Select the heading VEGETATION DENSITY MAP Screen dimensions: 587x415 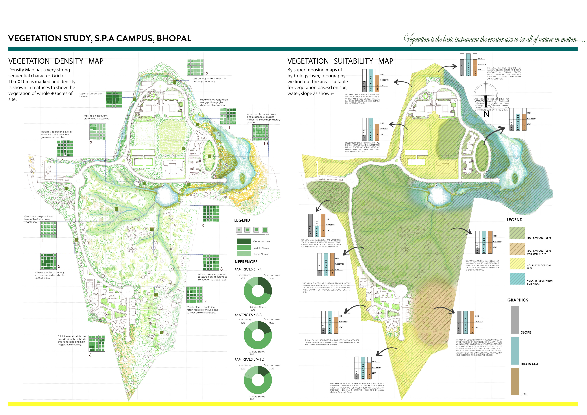point(56,61)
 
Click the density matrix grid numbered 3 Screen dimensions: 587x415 point(65,148)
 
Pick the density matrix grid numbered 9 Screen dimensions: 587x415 point(211,214)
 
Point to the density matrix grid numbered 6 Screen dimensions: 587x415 point(97,343)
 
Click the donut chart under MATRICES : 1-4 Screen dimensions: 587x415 point(258,291)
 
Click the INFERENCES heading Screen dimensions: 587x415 point(245,262)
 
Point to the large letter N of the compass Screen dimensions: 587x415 point(486,114)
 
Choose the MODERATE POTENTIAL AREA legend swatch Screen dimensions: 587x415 point(517,264)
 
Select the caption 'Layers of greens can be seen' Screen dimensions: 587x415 point(91,95)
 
